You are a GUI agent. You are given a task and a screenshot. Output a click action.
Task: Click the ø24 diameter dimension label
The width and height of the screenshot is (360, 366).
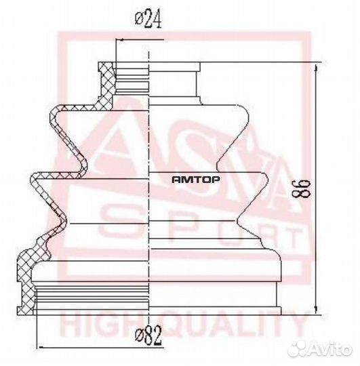point(148,20)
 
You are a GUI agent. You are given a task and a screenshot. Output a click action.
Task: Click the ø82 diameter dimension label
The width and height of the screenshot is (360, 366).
point(148,335)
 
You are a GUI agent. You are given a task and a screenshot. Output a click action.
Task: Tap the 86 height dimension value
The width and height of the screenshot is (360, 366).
point(303,188)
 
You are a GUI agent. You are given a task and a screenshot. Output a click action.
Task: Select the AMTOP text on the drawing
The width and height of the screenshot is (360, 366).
point(196,180)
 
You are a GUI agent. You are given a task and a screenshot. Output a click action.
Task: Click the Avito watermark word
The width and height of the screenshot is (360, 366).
point(331,349)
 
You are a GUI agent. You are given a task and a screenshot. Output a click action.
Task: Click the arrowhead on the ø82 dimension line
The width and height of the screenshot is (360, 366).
point(41,347)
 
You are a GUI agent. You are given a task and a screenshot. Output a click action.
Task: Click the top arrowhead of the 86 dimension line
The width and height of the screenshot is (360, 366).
point(316,68)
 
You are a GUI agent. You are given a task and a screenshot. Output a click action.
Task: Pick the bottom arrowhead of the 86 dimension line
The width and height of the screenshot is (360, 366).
point(316,310)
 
